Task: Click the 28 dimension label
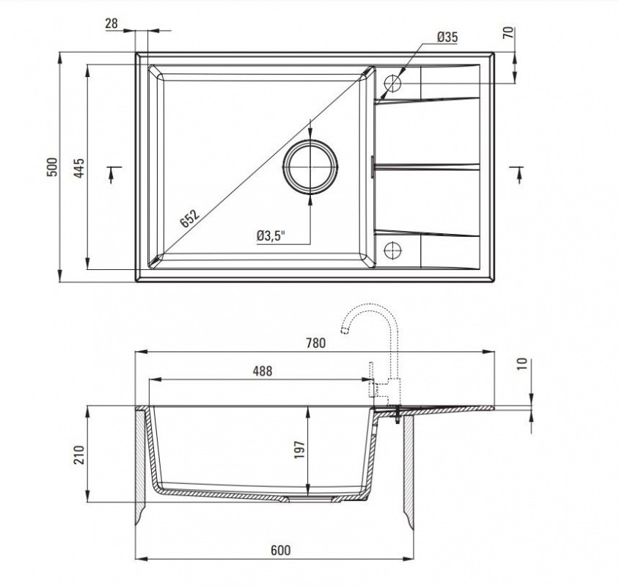[111, 23]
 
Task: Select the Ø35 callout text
[447, 37]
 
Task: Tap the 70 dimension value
[509, 32]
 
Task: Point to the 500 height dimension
[52, 167]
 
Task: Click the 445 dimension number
[79, 168]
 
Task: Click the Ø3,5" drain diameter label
[271, 236]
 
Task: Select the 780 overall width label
[316, 343]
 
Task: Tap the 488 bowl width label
[262, 371]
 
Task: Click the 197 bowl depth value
[300, 450]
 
